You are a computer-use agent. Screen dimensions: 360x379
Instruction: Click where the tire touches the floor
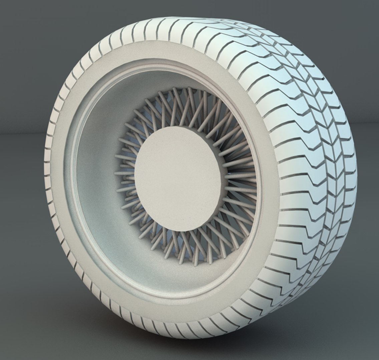(187, 337)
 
